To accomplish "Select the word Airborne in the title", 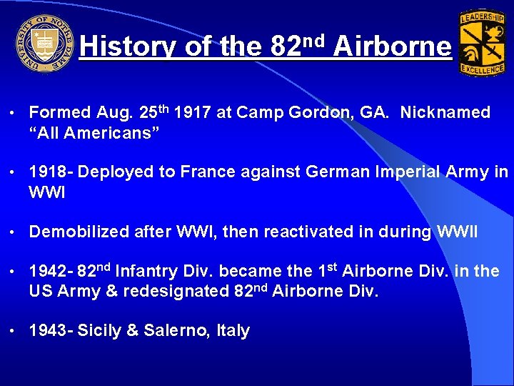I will coord(392,47).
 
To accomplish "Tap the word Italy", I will coord(233,331).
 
